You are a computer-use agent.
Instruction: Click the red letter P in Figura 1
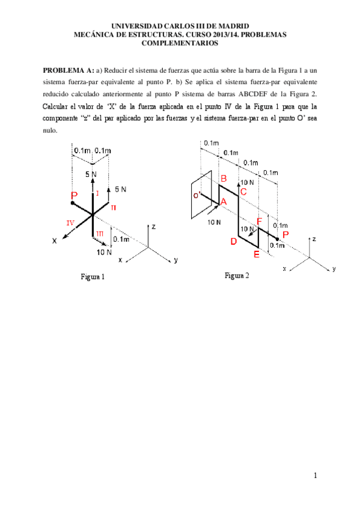[74, 195]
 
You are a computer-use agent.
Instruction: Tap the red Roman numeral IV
[70, 223]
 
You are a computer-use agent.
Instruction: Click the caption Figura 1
[93, 277]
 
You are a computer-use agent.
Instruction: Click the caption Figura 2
[237, 275]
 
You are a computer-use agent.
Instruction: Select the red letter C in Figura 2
[243, 192]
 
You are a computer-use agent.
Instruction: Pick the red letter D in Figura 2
[233, 241]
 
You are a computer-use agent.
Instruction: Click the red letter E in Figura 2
[257, 254]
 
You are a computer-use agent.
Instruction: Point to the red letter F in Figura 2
[260, 221]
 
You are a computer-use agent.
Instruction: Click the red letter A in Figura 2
[224, 203]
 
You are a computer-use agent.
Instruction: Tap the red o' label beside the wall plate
[197, 195]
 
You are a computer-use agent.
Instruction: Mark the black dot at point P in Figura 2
[276, 239]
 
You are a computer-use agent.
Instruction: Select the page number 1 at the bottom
[314, 476]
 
